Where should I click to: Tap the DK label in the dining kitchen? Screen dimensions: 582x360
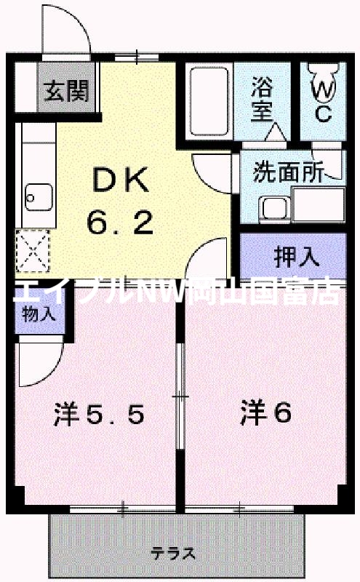[120, 178]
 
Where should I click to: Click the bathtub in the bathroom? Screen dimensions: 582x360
[208, 101]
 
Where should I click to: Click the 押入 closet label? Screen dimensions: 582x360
[296, 256]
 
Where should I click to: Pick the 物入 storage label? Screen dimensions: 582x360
[39, 314]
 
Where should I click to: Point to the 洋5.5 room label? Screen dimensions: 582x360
[98, 415]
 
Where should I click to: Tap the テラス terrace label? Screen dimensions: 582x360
[173, 554]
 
